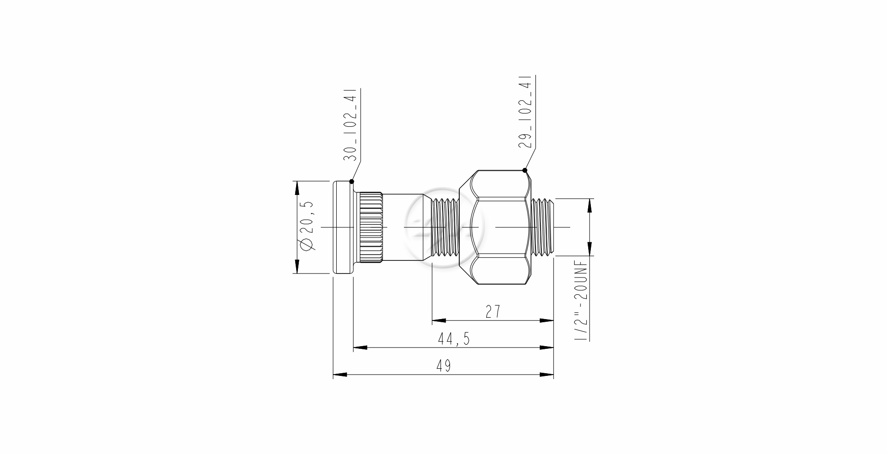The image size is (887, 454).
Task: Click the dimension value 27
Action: click(493, 311)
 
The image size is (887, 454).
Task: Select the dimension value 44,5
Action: click(454, 339)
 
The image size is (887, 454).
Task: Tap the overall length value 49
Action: click(443, 366)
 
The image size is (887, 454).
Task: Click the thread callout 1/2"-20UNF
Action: click(581, 300)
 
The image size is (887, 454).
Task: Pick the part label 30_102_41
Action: click(350, 125)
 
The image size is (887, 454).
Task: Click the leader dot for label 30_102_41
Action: click(352, 181)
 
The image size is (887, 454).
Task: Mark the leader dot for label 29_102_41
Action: click(525, 170)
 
